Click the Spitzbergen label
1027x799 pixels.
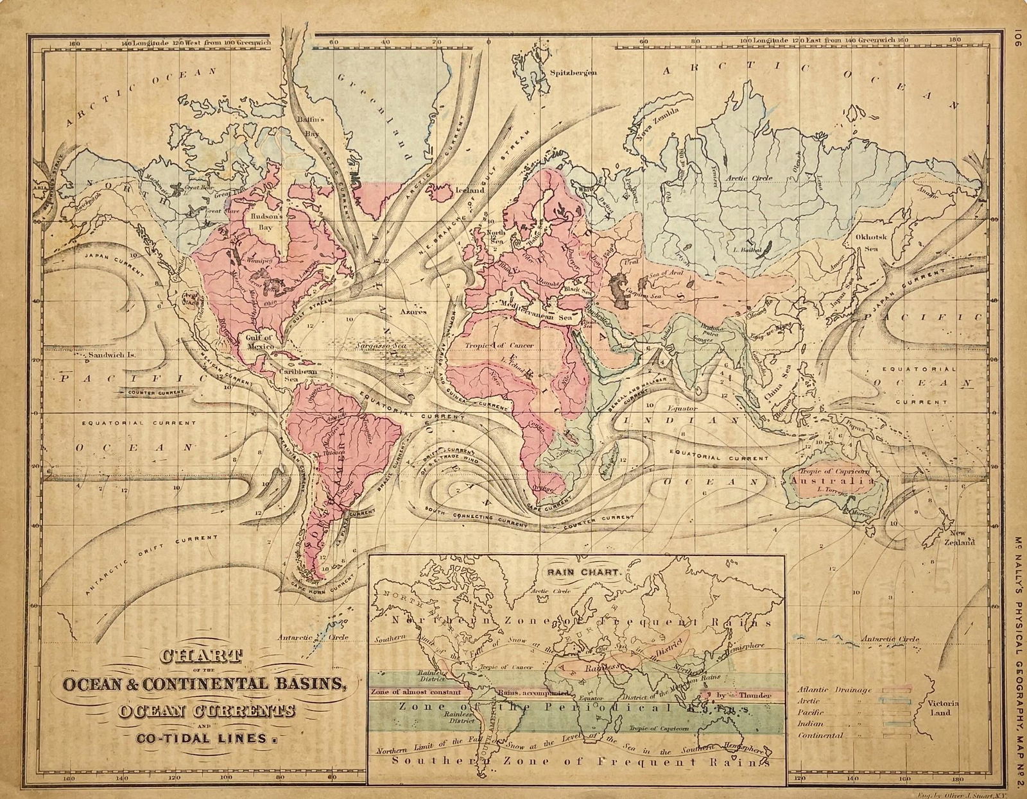point(573,72)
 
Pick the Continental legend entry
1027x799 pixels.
point(820,736)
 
